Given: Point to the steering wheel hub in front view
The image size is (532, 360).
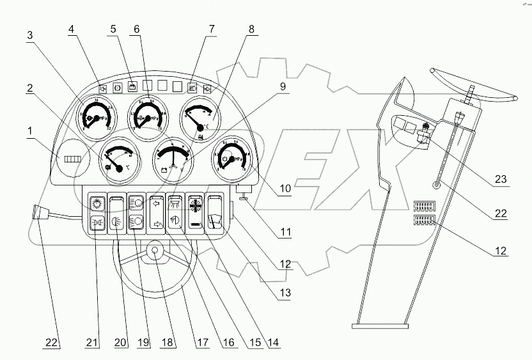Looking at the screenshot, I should pyautogui.click(x=155, y=251).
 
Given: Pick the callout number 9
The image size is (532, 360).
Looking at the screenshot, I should pyautogui.click(x=282, y=86).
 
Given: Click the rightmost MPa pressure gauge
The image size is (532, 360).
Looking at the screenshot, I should pyautogui.click(x=231, y=157).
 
